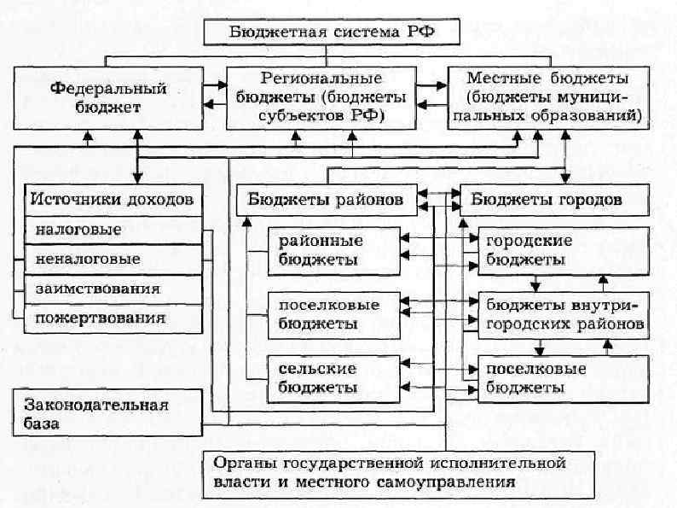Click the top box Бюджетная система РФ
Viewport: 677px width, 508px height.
[x=332, y=32]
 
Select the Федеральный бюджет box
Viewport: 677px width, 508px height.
[x=107, y=97]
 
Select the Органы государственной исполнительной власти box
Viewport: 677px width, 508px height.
[x=385, y=472]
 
